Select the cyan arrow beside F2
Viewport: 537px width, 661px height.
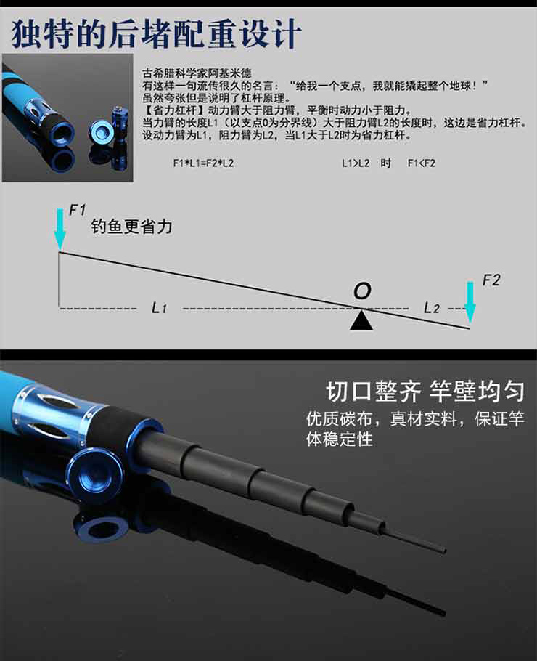point(470,302)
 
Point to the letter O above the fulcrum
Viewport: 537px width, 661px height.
point(362,291)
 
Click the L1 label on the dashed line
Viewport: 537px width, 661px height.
point(159,308)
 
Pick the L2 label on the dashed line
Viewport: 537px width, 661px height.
point(432,308)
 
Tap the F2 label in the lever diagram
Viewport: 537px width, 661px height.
point(491,280)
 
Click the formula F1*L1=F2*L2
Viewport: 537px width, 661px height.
point(203,163)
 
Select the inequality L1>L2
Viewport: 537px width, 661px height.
point(356,163)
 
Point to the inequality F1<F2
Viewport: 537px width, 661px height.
point(421,163)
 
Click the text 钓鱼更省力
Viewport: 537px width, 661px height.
point(131,227)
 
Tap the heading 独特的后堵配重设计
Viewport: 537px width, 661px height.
point(156,33)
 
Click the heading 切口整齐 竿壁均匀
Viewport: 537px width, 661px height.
point(425,392)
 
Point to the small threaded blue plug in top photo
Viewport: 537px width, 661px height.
point(119,119)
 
